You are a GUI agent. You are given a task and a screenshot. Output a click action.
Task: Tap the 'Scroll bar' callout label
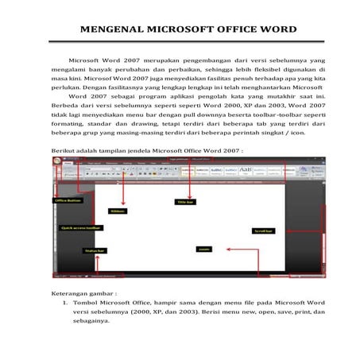(x=264, y=231)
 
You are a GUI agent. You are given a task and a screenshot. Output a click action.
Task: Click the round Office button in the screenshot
(x=56, y=161)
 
